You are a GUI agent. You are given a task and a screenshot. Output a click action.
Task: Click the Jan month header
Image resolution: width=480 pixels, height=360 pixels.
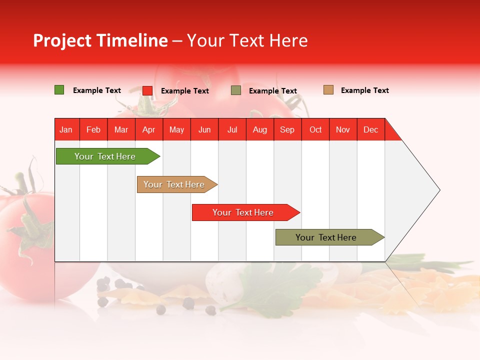(66, 130)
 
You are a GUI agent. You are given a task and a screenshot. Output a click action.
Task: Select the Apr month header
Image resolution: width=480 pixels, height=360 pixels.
(148, 130)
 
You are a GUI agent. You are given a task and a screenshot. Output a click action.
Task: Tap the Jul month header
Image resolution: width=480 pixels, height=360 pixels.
(232, 130)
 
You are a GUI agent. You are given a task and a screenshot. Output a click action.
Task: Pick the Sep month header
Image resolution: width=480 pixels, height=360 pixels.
(287, 130)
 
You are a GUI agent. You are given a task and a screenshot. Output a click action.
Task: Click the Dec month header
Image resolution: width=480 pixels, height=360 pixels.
(370, 130)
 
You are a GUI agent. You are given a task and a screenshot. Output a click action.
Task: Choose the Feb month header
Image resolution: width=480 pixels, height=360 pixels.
(93, 130)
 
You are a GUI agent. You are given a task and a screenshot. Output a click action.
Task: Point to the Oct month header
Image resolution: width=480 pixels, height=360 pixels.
(315, 130)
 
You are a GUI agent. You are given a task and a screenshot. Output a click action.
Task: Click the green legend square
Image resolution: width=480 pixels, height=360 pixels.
(59, 90)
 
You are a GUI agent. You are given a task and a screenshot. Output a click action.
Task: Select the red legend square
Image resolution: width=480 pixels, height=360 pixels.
(147, 90)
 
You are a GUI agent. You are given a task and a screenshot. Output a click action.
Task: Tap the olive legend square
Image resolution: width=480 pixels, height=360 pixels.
(236, 90)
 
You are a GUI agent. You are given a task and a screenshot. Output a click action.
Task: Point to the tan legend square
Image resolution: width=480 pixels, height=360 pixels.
(328, 90)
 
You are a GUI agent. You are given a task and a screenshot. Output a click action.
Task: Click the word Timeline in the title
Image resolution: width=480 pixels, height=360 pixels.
(131, 40)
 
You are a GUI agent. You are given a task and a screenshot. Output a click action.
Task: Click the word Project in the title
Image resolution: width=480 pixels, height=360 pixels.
(62, 40)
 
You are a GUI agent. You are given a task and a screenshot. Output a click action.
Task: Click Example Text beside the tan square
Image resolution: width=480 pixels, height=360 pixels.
(364, 90)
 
